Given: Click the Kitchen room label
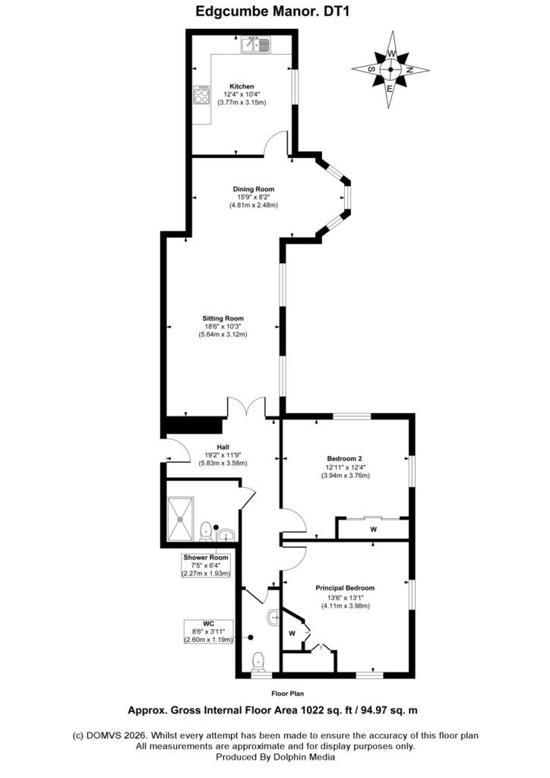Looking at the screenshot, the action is (x=242, y=87).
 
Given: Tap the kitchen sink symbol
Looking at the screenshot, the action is (x=255, y=45).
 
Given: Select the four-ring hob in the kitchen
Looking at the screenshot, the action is (x=201, y=94).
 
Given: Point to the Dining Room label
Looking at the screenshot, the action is (x=254, y=189).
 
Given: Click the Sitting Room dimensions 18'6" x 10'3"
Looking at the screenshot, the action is (x=223, y=327).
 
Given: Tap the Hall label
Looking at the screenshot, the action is (x=223, y=447).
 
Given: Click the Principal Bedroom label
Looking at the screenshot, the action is (x=345, y=588).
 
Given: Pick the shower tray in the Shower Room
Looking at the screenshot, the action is (x=181, y=518).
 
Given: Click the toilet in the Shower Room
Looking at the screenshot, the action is (x=206, y=531).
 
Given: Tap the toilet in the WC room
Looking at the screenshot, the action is (x=258, y=661).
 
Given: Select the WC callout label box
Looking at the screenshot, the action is (x=208, y=631).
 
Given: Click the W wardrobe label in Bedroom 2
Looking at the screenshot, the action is (x=374, y=530).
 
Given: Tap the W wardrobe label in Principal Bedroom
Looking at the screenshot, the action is (x=292, y=633).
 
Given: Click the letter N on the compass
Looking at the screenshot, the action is (x=409, y=70).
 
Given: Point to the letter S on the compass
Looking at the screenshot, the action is (x=371, y=69).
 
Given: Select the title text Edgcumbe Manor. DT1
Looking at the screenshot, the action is (x=273, y=11).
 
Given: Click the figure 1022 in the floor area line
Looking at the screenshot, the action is (x=312, y=710).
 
